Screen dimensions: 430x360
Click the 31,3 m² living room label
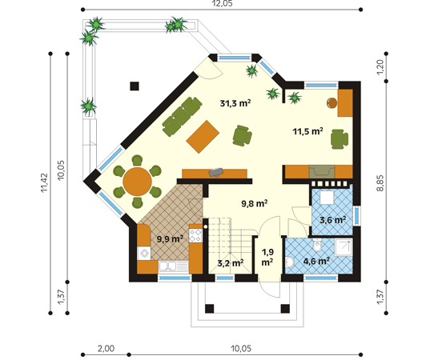pos(235,103)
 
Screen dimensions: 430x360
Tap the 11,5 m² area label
pos(307,131)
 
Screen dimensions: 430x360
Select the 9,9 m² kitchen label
pos(170,239)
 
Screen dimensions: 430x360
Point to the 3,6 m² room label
pos(332,220)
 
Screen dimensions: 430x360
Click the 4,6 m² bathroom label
pos(316,261)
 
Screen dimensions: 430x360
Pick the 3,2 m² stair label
pos(231,263)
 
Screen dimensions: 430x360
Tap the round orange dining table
pos(137,182)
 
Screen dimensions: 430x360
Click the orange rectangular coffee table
pos(203,137)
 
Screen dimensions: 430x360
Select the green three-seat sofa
pos(182,117)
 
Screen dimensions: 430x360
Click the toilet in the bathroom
pos(317,246)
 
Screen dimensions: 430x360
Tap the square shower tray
pos(343,247)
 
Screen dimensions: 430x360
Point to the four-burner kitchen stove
pos(196,236)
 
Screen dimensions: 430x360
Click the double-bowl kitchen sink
pos(173,266)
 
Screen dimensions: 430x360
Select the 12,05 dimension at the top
pos(222,3)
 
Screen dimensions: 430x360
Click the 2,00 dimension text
pos(106,349)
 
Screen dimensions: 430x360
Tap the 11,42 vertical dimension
pos(44,182)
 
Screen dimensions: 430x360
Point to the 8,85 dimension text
pos(380,182)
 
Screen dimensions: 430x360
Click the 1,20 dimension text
pos(380,67)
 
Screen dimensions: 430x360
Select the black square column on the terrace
pos(135,86)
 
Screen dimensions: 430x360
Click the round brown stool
pos(332,102)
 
